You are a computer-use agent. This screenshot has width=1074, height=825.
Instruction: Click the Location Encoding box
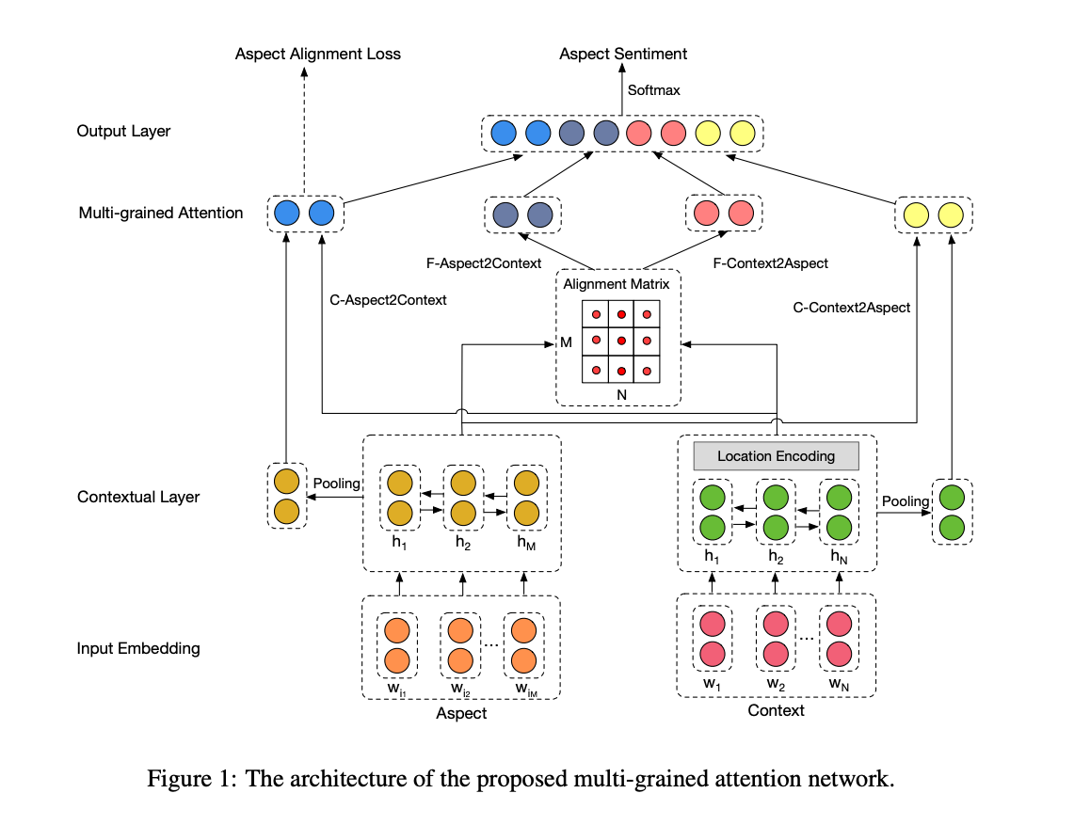coord(776,456)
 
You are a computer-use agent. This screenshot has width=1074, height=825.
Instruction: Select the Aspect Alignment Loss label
coord(317,54)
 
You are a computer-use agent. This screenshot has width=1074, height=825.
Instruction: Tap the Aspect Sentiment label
coord(623,54)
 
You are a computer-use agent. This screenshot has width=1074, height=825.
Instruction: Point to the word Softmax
coord(654,90)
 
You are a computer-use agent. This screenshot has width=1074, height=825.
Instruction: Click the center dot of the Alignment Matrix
coord(621,341)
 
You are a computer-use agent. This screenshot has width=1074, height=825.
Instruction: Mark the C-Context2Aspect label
coord(852,307)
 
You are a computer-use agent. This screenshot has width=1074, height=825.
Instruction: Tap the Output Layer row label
coord(123,131)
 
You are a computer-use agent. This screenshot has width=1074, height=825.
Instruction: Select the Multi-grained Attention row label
coord(161,213)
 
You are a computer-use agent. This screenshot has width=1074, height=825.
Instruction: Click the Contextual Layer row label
coord(138,497)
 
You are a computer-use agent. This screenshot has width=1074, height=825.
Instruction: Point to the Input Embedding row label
coord(138,648)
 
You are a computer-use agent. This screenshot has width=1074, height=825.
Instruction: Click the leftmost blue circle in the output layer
coord(504,134)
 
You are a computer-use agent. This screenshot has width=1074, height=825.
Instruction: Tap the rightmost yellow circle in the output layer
coord(742,134)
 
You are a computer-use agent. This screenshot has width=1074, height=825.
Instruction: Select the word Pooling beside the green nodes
coord(906,501)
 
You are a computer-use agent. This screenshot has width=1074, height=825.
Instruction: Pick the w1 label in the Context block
coord(712,683)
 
